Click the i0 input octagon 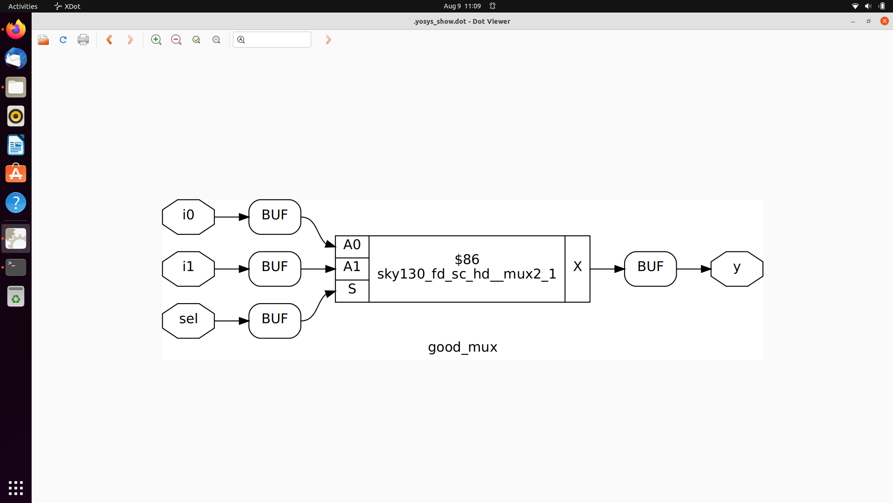(x=188, y=217)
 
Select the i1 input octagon (x=188, y=269)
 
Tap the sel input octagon (x=188, y=320)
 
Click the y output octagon (x=736, y=269)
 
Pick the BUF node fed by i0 (x=274, y=217)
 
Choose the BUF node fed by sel (x=274, y=320)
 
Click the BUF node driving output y (x=650, y=269)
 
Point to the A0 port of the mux (x=352, y=245)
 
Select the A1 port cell (x=352, y=267)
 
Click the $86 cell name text (x=466, y=259)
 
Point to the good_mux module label (x=462, y=347)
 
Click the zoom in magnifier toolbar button (x=156, y=40)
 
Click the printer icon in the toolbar (x=83, y=40)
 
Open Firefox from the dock (x=16, y=30)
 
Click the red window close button (x=884, y=21)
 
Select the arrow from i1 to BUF (x=231, y=269)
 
